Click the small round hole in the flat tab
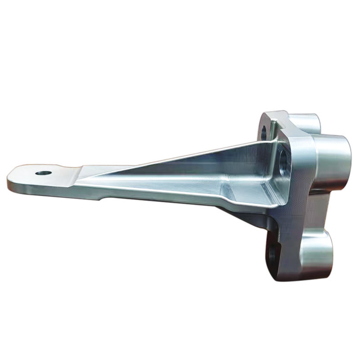pos(43,173)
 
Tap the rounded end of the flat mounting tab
pos(13,175)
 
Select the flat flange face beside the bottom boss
pos(288,243)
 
